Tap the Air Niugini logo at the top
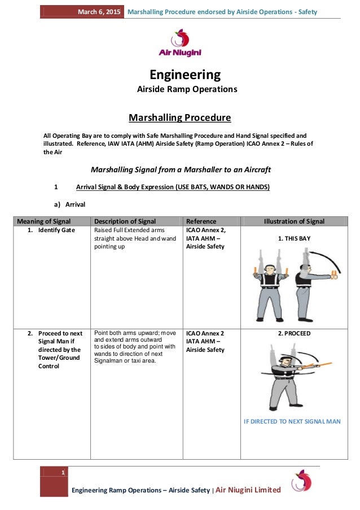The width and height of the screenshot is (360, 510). point(180,43)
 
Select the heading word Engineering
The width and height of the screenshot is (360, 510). point(185,75)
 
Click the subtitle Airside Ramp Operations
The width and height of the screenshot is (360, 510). point(187,89)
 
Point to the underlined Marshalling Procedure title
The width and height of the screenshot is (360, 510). point(180,118)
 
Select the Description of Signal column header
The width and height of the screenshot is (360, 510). point(125,221)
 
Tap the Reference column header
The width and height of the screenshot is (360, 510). point(201,221)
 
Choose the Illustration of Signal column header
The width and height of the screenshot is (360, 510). point(294,221)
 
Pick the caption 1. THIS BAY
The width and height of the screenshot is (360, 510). point(294,239)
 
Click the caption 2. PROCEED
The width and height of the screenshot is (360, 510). point(294,333)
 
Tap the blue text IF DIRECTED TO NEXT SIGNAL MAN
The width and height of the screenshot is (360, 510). point(292,421)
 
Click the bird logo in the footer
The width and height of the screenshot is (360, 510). point(301,481)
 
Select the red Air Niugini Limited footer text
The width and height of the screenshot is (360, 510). point(248,490)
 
